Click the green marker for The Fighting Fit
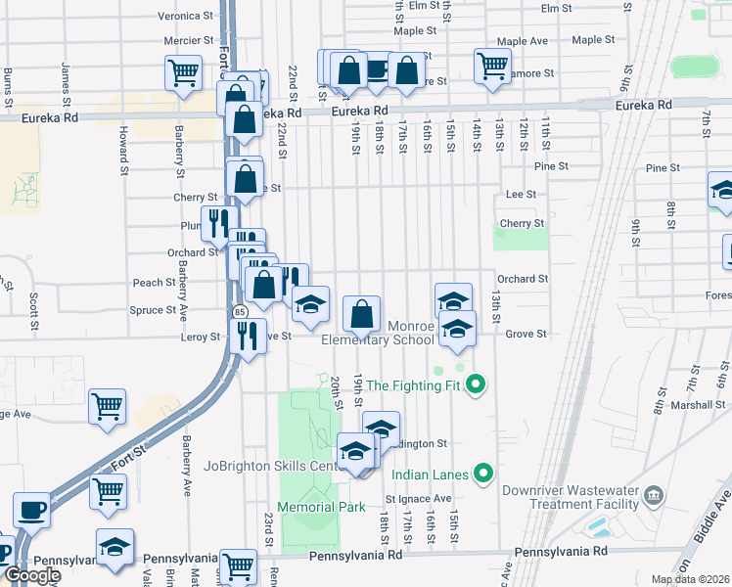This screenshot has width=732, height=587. click(x=476, y=384)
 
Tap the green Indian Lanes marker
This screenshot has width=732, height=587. click(x=482, y=474)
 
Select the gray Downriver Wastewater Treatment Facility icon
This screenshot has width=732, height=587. click(x=654, y=497)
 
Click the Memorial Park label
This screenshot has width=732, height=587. click(x=321, y=507)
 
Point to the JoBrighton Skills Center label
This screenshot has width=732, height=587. click(x=269, y=466)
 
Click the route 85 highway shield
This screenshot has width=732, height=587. click(x=240, y=311)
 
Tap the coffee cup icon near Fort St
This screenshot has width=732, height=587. click(x=31, y=510)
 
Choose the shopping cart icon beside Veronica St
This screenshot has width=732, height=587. click(x=183, y=72)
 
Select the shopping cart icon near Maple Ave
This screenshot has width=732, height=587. click(x=492, y=66)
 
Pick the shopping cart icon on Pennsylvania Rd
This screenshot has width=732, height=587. click(x=238, y=565)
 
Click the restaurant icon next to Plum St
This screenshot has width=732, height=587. click(x=218, y=223)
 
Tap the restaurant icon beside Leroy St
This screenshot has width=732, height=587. click(x=247, y=336)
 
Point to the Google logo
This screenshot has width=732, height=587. click(x=31, y=575)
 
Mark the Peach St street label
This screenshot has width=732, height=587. click(x=154, y=283)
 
